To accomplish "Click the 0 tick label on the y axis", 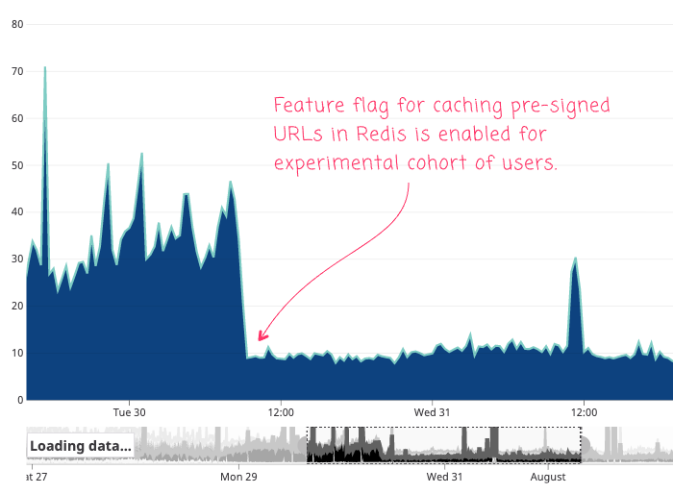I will (19, 400).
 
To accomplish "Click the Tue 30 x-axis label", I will (129, 411).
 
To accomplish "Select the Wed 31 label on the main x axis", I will (432, 411).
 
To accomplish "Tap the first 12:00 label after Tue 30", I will (280, 411).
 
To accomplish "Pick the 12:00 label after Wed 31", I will (584, 411).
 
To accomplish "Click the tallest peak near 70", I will (44, 68).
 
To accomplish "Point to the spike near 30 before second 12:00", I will (575, 259).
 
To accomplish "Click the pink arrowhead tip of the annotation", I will (259, 340).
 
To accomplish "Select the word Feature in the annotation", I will (311, 106).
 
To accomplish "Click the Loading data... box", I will (81, 446).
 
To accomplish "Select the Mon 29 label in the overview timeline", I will (238, 476).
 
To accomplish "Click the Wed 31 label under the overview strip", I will (444, 476).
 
